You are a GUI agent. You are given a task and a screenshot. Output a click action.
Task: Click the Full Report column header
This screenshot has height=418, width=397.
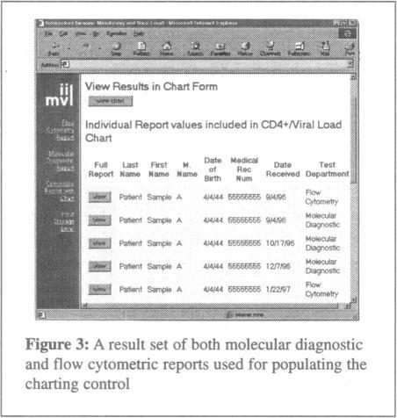click(x=101, y=168)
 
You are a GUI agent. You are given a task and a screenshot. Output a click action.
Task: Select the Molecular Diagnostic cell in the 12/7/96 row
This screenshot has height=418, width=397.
click(x=323, y=265)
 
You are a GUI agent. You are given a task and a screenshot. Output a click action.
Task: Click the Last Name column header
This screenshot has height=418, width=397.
click(x=130, y=168)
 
